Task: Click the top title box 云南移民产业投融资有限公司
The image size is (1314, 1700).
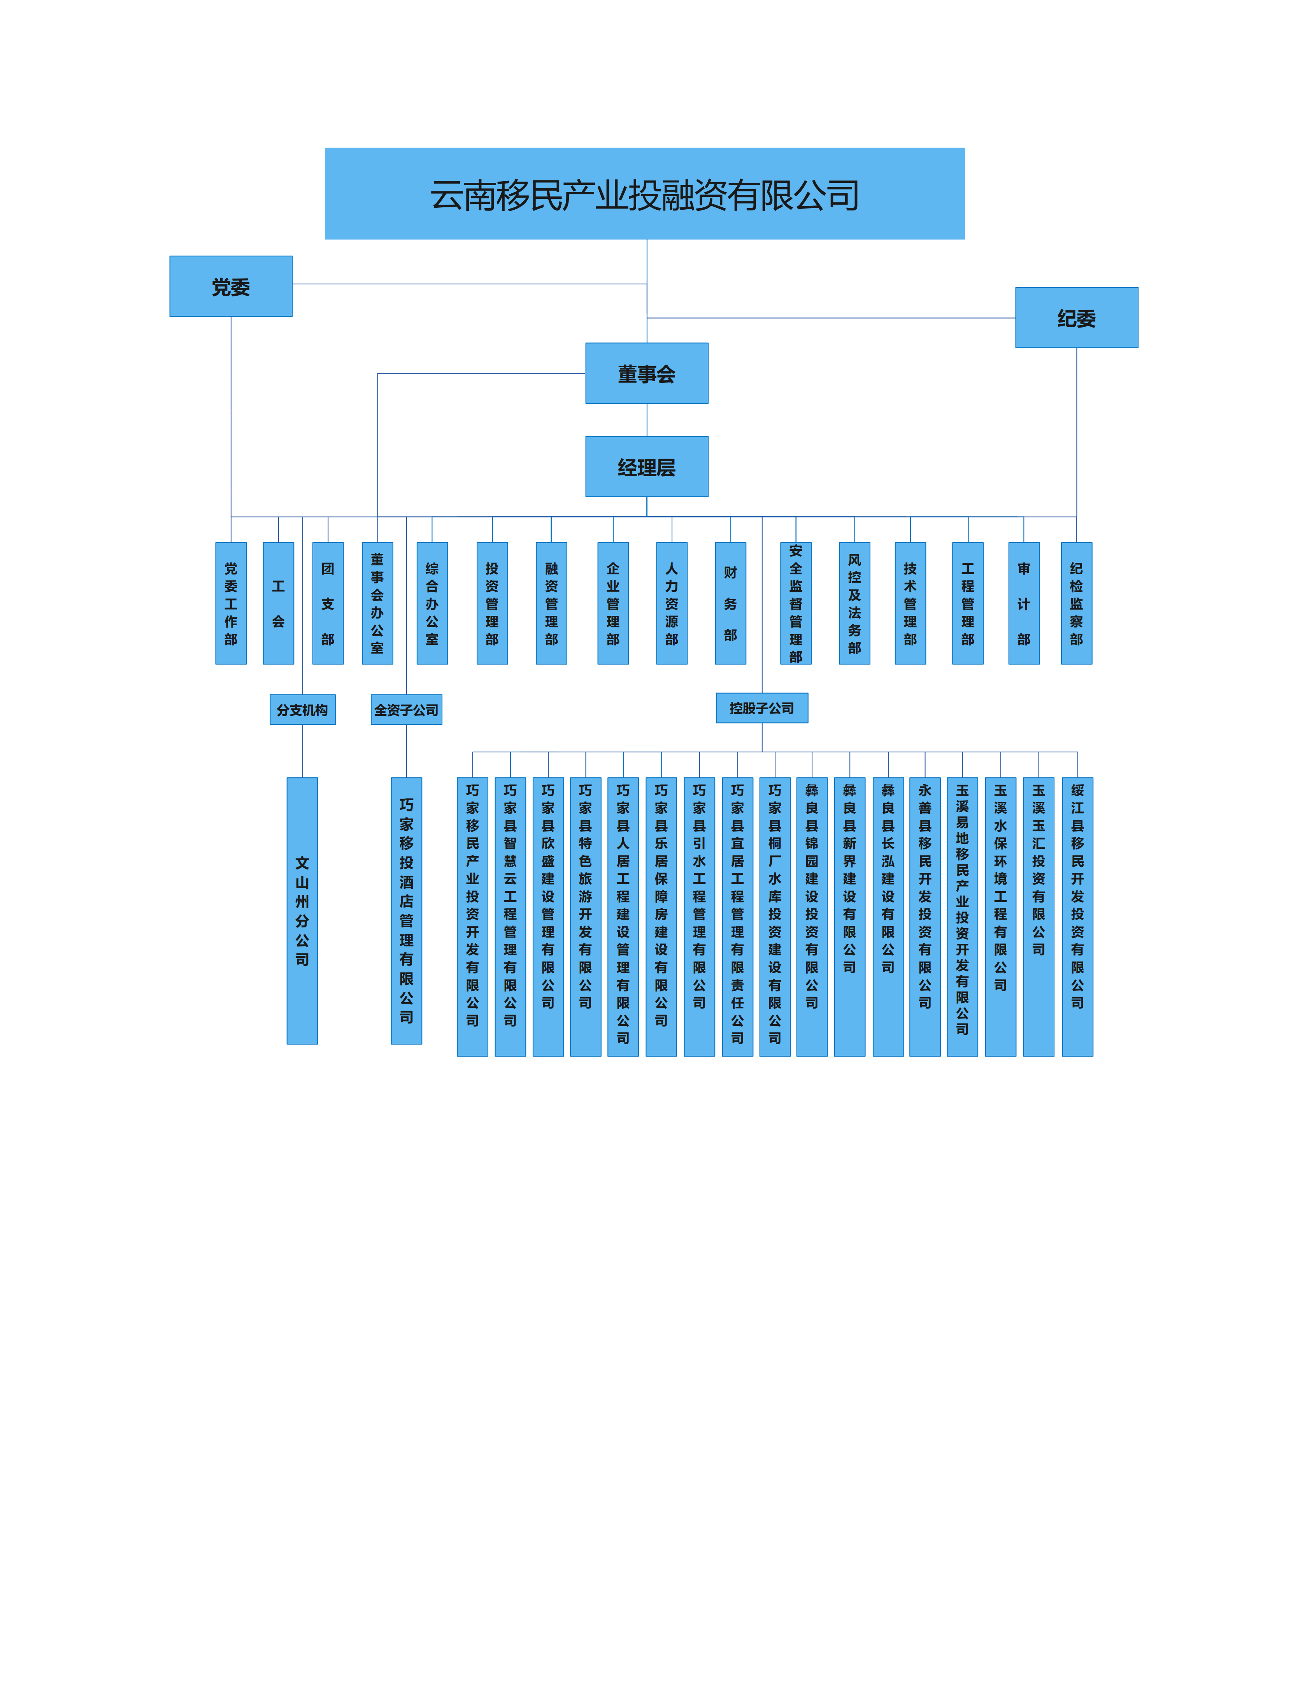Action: pyautogui.click(x=644, y=194)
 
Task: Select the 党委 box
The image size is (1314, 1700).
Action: pyautogui.click(x=231, y=286)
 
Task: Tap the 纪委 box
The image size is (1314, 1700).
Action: pyautogui.click(x=1077, y=317)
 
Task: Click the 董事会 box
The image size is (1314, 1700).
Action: pyautogui.click(x=647, y=373)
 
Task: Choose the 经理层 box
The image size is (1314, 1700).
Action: pyautogui.click(x=647, y=467)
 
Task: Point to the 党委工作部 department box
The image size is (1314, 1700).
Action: pyautogui.click(x=231, y=603)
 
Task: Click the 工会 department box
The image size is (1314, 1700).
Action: pyautogui.click(x=279, y=603)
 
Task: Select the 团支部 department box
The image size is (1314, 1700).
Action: pyautogui.click(x=328, y=603)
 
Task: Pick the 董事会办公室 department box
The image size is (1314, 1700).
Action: pyautogui.click(x=377, y=603)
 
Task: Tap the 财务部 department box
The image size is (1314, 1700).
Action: pyautogui.click(x=730, y=603)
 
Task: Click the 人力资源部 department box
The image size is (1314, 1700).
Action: pyautogui.click(x=672, y=603)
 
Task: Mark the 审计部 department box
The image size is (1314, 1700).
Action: pyautogui.click(x=1024, y=603)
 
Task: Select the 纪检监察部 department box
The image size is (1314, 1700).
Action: pyautogui.click(x=1077, y=603)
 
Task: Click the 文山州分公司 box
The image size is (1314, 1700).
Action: pyautogui.click(x=302, y=911)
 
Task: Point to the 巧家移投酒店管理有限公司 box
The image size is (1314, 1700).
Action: pyautogui.click(x=406, y=911)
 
